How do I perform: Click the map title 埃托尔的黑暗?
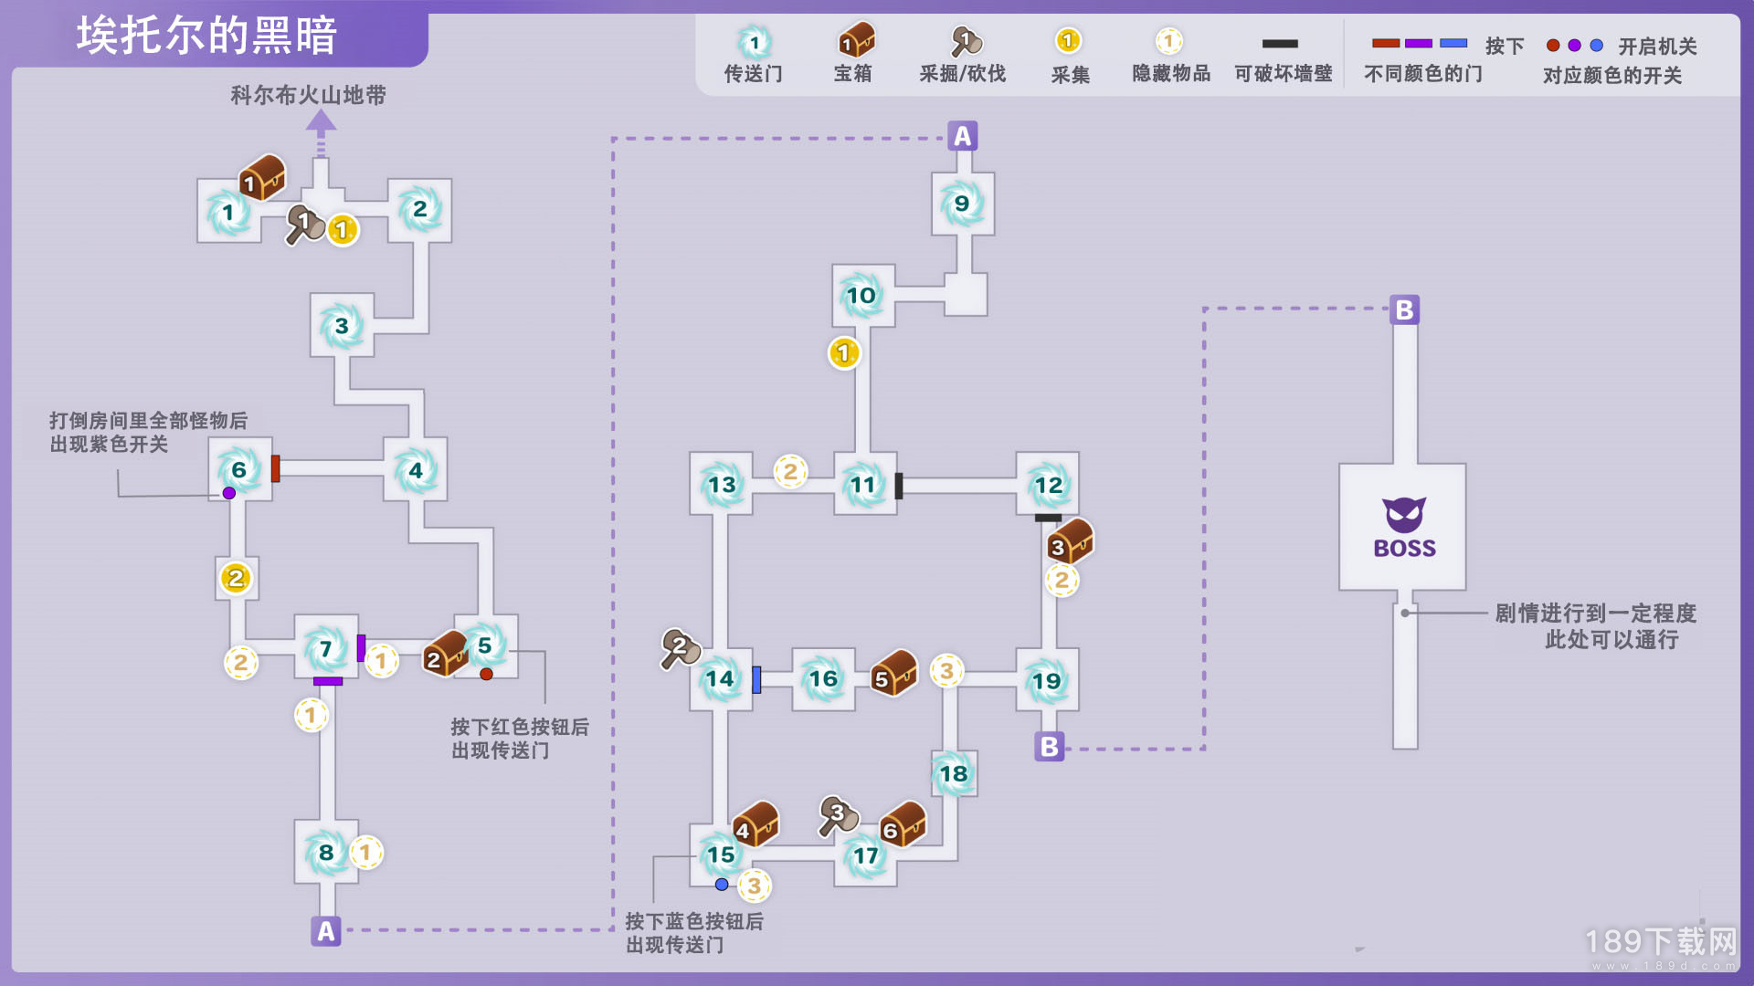click(x=206, y=37)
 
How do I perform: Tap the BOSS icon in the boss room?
click(x=1404, y=528)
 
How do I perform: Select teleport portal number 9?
click(x=962, y=203)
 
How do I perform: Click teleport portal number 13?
click(x=721, y=484)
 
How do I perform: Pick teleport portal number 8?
click(x=326, y=853)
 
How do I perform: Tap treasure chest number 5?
click(x=893, y=673)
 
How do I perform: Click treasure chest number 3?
click(x=1070, y=541)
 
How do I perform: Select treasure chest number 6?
click(x=903, y=824)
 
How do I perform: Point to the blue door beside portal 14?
click(x=756, y=679)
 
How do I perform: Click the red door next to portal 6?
click(x=275, y=468)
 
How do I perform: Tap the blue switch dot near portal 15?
click(x=722, y=884)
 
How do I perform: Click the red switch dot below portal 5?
click(x=486, y=674)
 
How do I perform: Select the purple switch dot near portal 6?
click(x=229, y=493)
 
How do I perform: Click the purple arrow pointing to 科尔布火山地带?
click(x=321, y=133)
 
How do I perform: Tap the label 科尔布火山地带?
click(x=308, y=95)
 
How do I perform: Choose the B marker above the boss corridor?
click(x=1404, y=309)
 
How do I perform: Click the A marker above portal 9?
click(x=962, y=136)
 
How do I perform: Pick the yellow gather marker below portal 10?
click(x=844, y=352)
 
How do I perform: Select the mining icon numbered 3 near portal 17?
click(x=838, y=815)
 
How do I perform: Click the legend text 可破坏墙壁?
click(x=1283, y=73)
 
